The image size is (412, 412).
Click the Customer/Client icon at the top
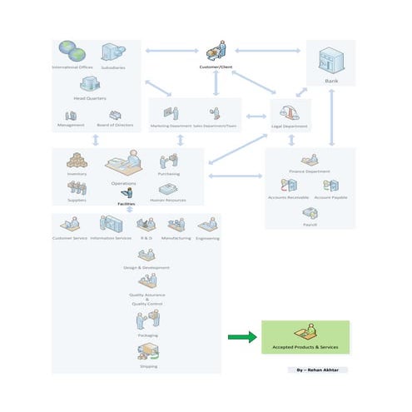click(216, 51)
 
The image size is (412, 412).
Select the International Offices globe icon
click(72, 52)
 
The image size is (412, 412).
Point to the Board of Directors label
click(116, 126)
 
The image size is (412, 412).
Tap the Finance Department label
click(309, 171)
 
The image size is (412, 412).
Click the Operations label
click(124, 183)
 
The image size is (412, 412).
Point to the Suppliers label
click(77, 200)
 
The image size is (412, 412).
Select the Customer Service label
click(71, 238)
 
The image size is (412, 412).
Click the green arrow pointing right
click(241, 337)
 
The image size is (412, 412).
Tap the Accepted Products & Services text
click(305, 346)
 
